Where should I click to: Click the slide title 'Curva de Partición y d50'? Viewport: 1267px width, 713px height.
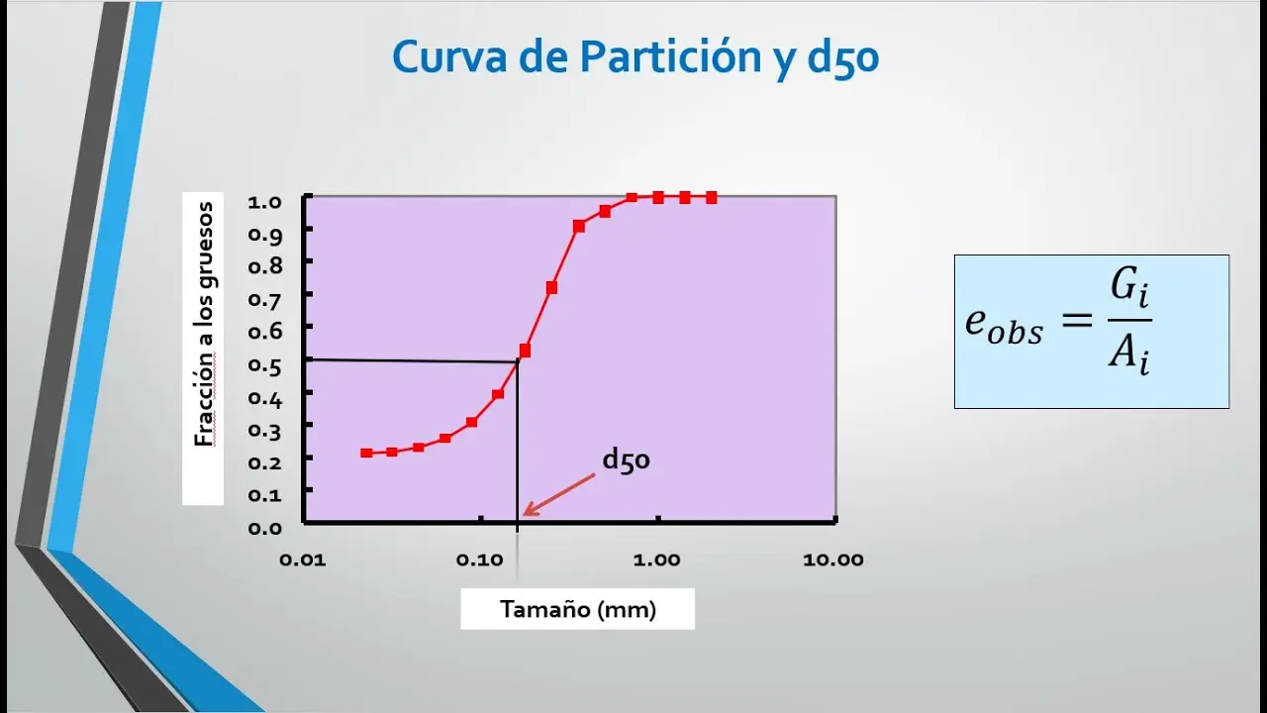point(635,58)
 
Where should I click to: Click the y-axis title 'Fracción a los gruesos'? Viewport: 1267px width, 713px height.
point(204,324)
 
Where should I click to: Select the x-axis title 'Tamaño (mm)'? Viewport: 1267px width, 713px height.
point(578,609)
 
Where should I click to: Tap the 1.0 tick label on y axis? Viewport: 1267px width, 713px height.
point(265,202)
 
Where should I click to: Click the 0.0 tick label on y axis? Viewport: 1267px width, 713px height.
point(265,527)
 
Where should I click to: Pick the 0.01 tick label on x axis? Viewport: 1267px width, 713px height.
point(301,560)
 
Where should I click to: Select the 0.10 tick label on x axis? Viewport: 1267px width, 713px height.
point(479,560)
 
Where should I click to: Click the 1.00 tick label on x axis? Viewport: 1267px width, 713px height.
point(656,560)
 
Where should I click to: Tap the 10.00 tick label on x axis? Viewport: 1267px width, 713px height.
point(833,560)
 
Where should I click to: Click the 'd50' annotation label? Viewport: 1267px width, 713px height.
point(626,460)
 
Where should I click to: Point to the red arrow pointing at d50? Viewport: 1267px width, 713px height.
point(559,493)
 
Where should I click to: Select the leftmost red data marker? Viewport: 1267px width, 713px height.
point(366,453)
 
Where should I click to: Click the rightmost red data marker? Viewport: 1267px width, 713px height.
point(711,197)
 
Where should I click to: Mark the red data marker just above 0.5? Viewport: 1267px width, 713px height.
point(525,350)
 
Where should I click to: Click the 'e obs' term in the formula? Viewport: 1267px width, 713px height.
point(1003,325)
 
